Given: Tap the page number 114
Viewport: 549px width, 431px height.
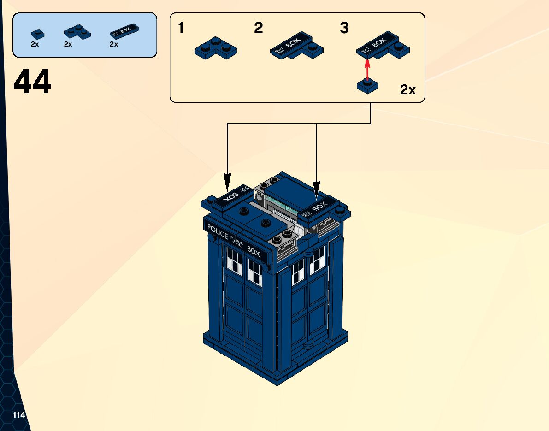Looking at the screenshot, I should (19, 415).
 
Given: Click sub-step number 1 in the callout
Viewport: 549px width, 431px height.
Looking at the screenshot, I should (181, 29).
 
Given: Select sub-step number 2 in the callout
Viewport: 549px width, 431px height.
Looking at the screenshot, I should (259, 29).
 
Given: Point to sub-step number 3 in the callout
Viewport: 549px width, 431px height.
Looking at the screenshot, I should (344, 29).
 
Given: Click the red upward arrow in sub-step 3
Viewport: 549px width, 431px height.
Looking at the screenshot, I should (367, 70).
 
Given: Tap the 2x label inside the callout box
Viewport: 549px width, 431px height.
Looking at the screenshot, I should (408, 90).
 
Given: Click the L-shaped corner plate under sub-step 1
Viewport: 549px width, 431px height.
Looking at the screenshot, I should (215, 48).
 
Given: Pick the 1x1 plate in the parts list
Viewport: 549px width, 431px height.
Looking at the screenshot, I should (37, 34).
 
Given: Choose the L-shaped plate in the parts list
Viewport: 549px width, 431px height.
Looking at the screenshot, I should (77, 32).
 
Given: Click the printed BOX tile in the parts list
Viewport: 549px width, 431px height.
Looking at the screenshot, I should (125, 32).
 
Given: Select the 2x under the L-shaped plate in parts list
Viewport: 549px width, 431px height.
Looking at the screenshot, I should (68, 45).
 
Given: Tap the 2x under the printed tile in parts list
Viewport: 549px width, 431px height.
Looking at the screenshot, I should (113, 45).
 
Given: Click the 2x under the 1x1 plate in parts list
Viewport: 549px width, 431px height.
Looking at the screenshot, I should (35, 45).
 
